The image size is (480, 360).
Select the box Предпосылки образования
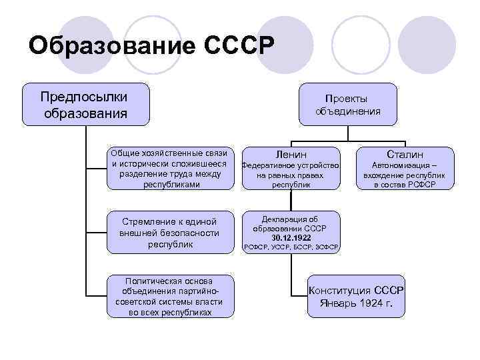click(85, 104)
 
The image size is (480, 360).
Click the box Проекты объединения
click(348, 104)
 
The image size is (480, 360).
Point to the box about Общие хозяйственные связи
click(171, 168)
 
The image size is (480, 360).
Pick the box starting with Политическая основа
click(171, 295)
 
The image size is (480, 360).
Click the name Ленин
click(290, 153)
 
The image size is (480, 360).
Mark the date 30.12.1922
click(291, 237)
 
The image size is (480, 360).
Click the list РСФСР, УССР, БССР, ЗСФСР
click(291, 247)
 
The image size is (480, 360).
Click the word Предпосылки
click(85, 97)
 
